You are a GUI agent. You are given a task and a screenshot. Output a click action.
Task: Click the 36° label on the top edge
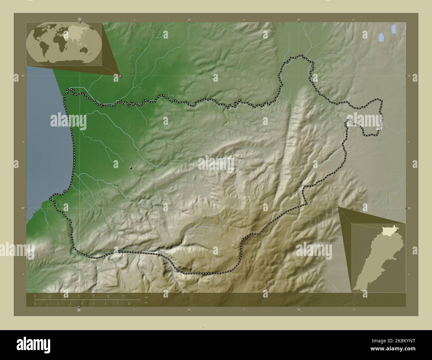(x=79, y=19)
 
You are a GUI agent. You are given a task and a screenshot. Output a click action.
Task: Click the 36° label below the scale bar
(x=79, y=310)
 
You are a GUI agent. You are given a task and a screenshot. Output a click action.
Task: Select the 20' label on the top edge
(x=299, y=20)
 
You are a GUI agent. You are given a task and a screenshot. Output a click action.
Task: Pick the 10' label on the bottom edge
(x=189, y=310)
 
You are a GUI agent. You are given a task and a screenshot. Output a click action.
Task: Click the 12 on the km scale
(x=123, y=296)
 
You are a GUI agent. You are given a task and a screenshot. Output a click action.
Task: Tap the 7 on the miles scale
(x=117, y=304)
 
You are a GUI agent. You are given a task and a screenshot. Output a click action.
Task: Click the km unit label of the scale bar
(x=147, y=297)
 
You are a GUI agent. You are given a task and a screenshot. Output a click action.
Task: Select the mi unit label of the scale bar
(x=146, y=302)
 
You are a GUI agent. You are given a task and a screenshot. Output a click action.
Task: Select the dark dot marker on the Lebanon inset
(x=366, y=257)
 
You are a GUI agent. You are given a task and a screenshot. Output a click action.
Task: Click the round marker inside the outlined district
(x=131, y=168)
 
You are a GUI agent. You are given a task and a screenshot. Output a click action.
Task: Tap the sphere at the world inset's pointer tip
(x=120, y=76)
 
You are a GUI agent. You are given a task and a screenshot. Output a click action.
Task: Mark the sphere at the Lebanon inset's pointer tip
(x=338, y=207)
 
